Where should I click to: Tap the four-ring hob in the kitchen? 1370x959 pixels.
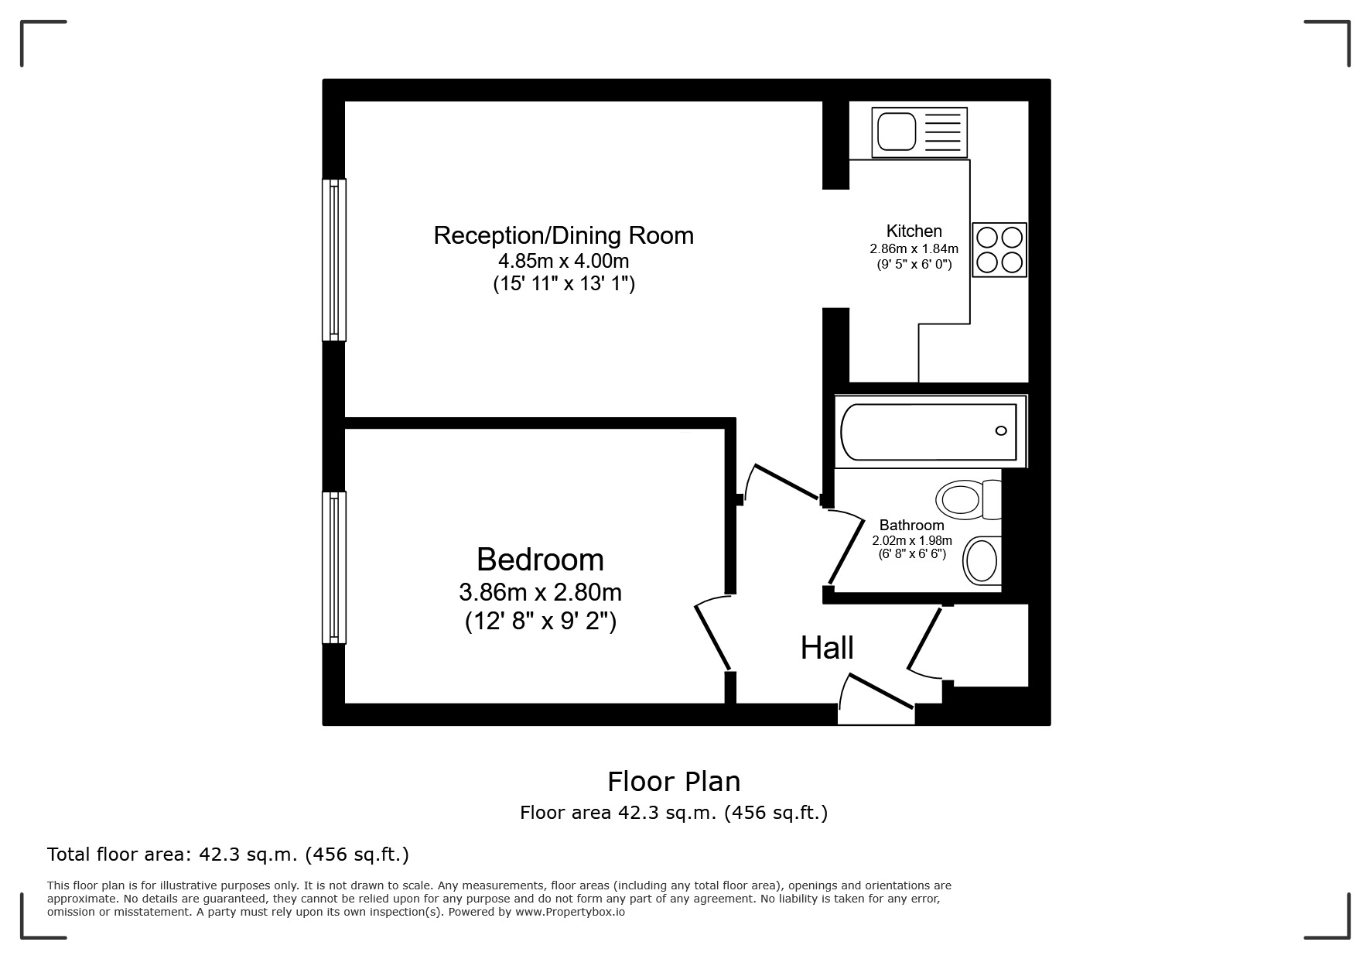1000,249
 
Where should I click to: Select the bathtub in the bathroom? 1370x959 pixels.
929,431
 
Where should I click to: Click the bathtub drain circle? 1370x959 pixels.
1001,431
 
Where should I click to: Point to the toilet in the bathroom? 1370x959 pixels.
969,499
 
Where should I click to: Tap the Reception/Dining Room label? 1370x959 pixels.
563,235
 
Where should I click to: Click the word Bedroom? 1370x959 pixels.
540,559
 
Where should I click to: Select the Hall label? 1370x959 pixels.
827,648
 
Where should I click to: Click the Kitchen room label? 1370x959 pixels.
914,231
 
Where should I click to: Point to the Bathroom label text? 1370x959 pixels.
911,525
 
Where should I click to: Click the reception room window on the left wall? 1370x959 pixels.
334,260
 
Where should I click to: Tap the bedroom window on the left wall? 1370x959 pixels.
334,567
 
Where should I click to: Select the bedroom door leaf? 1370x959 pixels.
712,637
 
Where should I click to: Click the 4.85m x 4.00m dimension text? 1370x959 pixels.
563,261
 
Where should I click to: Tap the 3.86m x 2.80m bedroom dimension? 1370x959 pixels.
540,592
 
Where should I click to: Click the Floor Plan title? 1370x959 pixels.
674,781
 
